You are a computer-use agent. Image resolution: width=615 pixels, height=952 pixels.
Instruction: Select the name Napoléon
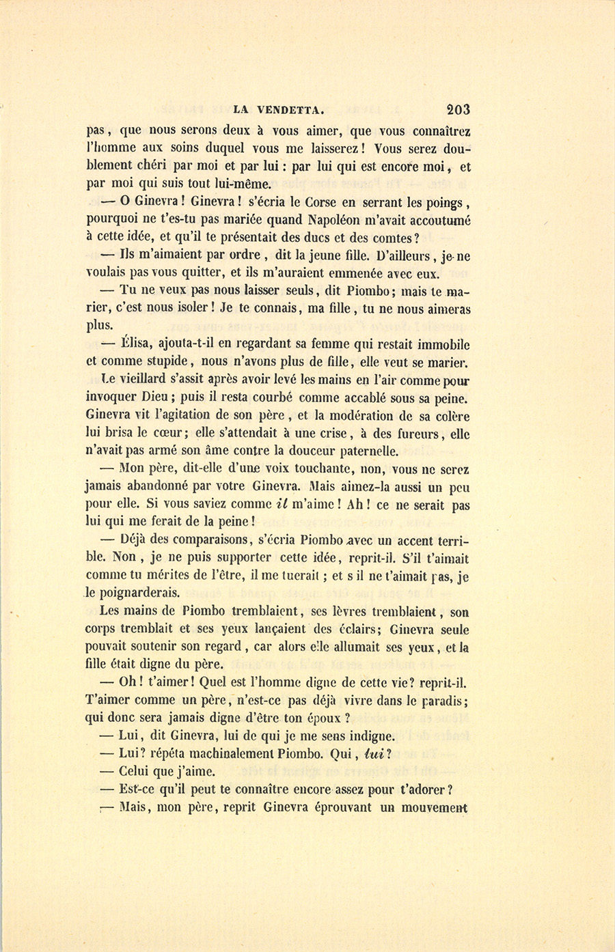click(340, 220)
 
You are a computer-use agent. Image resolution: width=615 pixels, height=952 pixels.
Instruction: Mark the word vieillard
click(145, 380)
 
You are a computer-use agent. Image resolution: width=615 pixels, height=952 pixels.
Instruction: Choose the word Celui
click(137, 772)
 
